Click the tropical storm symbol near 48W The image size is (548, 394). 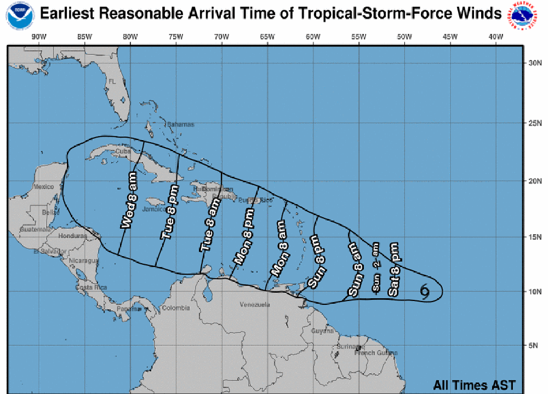pyautogui.click(x=425, y=291)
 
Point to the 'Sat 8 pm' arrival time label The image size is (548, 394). pyautogui.click(x=394, y=270)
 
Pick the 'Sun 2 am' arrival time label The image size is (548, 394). pyautogui.click(x=376, y=268)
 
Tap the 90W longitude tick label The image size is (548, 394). pyautogui.click(x=38, y=36)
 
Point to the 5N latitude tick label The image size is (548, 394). pyautogui.click(x=535, y=345)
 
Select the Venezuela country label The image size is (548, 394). pyautogui.click(x=255, y=304)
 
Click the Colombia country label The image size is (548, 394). pyautogui.click(x=176, y=308)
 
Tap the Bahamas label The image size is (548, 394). pyautogui.click(x=181, y=124)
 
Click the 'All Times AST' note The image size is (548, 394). pyautogui.click(x=474, y=385)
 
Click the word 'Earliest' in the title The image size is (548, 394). pyautogui.click(x=67, y=13)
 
